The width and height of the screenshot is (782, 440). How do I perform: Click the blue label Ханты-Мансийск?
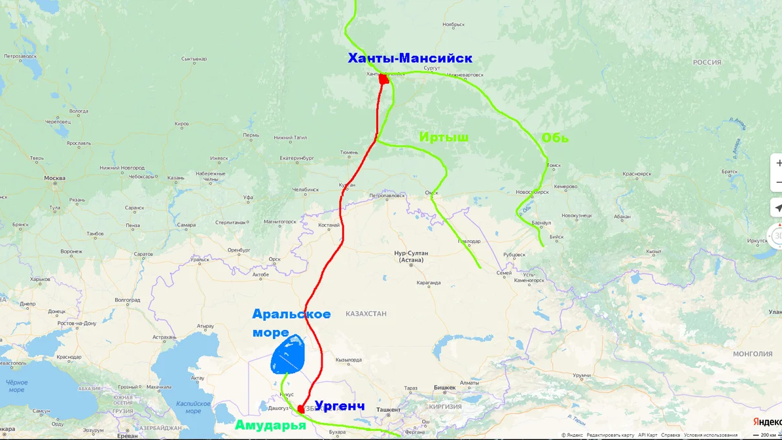[410, 58]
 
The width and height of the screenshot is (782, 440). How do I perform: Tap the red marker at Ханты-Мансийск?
[384, 79]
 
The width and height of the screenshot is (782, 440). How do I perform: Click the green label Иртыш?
[444, 137]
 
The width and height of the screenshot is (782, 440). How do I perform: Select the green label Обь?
[554, 138]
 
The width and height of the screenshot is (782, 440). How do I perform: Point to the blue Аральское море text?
[291, 322]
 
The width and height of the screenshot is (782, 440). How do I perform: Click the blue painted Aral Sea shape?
[289, 354]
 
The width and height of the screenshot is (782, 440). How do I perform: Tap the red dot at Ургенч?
[301, 409]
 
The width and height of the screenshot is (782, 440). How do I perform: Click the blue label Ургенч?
[339, 405]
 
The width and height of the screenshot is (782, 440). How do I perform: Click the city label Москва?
[54, 178]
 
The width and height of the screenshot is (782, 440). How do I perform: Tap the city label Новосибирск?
[531, 192]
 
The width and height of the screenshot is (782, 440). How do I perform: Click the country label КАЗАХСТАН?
[366, 314]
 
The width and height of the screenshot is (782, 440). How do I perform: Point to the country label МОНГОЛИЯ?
[753, 354]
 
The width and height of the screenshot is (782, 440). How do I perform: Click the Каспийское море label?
[192, 408]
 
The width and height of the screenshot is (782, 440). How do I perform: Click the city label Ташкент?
[389, 409]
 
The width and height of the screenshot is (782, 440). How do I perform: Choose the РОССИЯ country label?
[707, 62]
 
